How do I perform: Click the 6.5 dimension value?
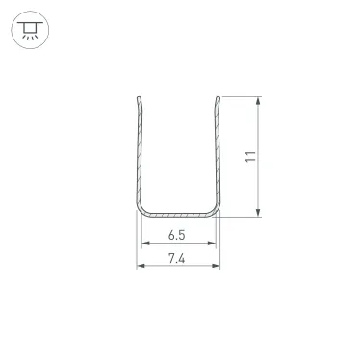click(x=177, y=235)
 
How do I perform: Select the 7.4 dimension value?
click(x=177, y=258)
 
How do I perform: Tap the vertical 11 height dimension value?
click(x=249, y=157)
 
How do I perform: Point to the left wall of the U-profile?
click(x=140, y=154)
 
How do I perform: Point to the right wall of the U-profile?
click(x=217, y=154)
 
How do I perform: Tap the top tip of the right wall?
click(x=217, y=97)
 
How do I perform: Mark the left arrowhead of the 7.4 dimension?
click(x=141, y=268)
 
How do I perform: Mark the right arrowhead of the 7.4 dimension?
click(x=217, y=268)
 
